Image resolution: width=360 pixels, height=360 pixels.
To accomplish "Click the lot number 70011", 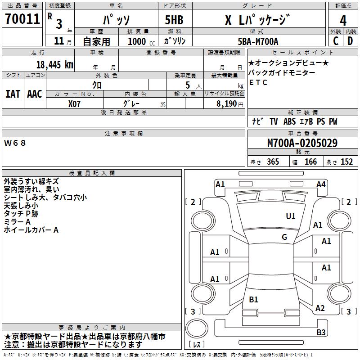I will coord(22,19).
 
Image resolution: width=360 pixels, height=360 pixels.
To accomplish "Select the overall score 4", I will coord(343,20).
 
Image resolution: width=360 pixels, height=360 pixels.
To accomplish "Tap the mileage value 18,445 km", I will coord(54,65).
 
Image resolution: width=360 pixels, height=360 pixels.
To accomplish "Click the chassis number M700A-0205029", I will coord(302,144).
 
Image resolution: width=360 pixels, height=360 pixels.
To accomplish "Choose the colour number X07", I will coord(75,103).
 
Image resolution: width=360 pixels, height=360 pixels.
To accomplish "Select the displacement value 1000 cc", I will coord(137,41).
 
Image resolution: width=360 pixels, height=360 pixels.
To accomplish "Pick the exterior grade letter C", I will coord(335,41).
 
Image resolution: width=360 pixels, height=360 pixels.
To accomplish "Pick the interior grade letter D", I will coord(350,41).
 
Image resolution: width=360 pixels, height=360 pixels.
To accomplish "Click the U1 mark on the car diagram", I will coord(291,216).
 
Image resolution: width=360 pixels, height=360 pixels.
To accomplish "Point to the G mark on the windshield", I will coord(284,237).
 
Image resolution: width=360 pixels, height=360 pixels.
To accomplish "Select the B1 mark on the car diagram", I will coord(253,300).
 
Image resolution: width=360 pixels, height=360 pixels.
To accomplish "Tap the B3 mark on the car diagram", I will coord(321,333).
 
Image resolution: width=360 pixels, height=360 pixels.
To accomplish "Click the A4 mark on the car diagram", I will coord(321,184).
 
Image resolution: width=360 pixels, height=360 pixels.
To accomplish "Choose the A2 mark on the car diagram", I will coord(320,308).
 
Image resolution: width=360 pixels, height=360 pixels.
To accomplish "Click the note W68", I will coord(15,143).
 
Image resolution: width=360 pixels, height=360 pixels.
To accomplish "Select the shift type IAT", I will coord(13,94).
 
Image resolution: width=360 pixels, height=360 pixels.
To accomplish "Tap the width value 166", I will coord(310,162).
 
